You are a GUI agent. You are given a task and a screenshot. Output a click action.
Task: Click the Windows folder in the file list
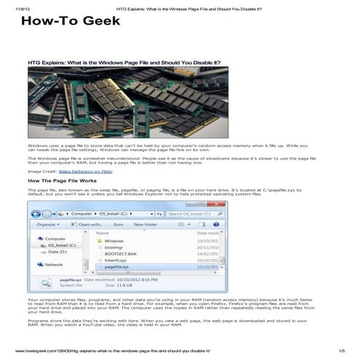pos(114,240)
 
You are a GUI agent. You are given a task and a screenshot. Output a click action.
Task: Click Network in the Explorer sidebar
pos(55,265)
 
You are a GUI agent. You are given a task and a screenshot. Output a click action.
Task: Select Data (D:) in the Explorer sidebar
pos(57,252)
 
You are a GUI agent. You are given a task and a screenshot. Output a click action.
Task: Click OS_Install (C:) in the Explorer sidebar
pos(63,245)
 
